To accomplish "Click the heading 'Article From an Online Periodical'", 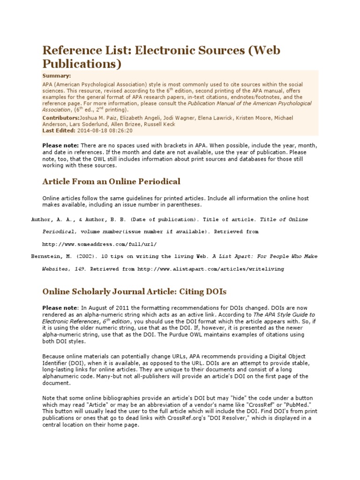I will [x=111, y=181].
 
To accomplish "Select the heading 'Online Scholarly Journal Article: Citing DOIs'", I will [x=135, y=292].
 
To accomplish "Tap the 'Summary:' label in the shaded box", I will [x=57, y=75].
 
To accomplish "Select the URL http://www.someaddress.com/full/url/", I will [x=99, y=244].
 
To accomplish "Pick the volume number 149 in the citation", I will [x=78, y=269].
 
